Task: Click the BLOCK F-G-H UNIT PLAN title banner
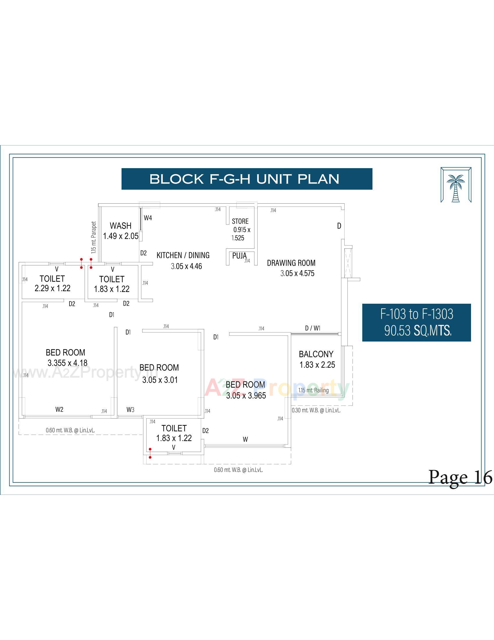[x=247, y=179]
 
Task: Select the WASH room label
[x=120, y=226]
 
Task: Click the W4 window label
[x=148, y=218]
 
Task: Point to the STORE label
[x=240, y=221]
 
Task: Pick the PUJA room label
[x=239, y=256]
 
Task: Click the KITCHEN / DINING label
[x=183, y=255]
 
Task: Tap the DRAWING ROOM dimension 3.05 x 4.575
[x=297, y=273]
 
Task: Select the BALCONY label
[x=316, y=354]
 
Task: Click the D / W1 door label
[x=313, y=328]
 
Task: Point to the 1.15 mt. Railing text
[x=313, y=390]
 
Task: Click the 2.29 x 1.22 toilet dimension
[x=52, y=288]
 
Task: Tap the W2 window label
[x=59, y=409]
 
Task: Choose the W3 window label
[x=130, y=409]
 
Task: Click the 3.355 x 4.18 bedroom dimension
[x=67, y=363]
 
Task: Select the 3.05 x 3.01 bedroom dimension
[x=160, y=380]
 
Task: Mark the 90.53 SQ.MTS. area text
[x=418, y=331]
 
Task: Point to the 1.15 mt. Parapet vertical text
[x=94, y=237]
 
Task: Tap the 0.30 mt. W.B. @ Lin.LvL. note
[x=316, y=410]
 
